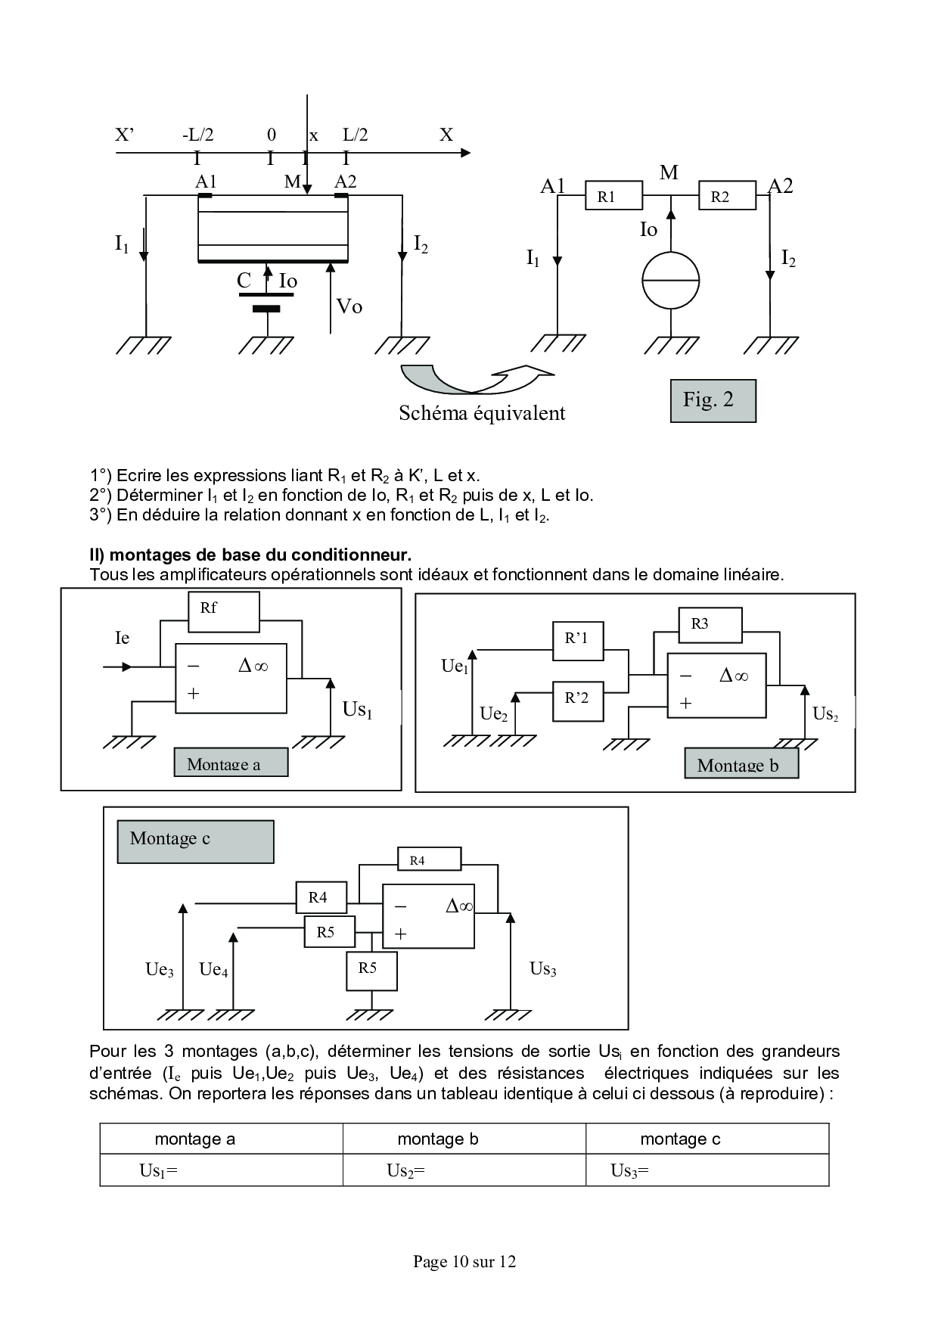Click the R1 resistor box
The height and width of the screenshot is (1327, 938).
click(x=613, y=196)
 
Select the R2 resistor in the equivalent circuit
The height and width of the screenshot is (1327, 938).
click(x=726, y=196)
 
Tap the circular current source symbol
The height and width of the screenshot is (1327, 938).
click(x=670, y=280)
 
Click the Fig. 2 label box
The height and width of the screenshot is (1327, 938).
click(x=713, y=400)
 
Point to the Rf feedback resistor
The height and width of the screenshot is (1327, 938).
click(x=223, y=611)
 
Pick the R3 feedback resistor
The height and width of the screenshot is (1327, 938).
click(x=710, y=624)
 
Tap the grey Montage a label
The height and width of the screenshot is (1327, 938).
click(x=231, y=763)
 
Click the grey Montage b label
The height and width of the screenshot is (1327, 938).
click(x=741, y=764)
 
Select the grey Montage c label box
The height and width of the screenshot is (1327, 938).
click(x=195, y=841)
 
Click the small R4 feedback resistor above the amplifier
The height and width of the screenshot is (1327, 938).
click(x=429, y=859)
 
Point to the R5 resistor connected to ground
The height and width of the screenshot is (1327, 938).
click(x=371, y=971)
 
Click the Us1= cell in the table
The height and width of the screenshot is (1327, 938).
click(x=221, y=1170)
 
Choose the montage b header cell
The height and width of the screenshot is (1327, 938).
click(x=464, y=1139)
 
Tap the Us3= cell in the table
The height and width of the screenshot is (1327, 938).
click(x=707, y=1170)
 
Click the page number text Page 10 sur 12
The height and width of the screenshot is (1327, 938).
click(x=464, y=1261)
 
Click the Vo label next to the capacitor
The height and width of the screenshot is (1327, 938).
click(x=349, y=306)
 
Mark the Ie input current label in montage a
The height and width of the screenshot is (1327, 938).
click(x=123, y=638)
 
